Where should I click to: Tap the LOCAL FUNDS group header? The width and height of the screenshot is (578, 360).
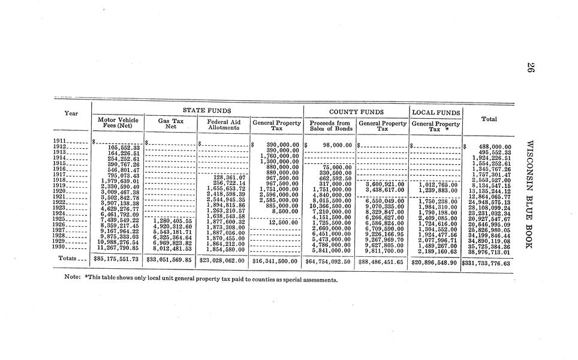click(x=436, y=112)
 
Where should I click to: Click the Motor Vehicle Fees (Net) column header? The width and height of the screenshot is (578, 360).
click(x=118, y=123)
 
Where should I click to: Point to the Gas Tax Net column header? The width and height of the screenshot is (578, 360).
click(x=170, y=124)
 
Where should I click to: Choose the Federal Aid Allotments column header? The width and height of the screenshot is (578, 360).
click(x=223, y=125)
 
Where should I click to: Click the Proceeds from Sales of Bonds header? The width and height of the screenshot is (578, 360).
click(x=330, y=125)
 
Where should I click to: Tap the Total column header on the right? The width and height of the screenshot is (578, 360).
click(x=489, y=119)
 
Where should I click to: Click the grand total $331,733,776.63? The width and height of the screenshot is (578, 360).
click(x=486, y=263)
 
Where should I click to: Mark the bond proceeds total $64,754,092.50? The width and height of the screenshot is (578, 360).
click(x=329, y=261)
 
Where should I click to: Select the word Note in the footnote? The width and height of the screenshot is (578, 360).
click(x=73, y=279)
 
